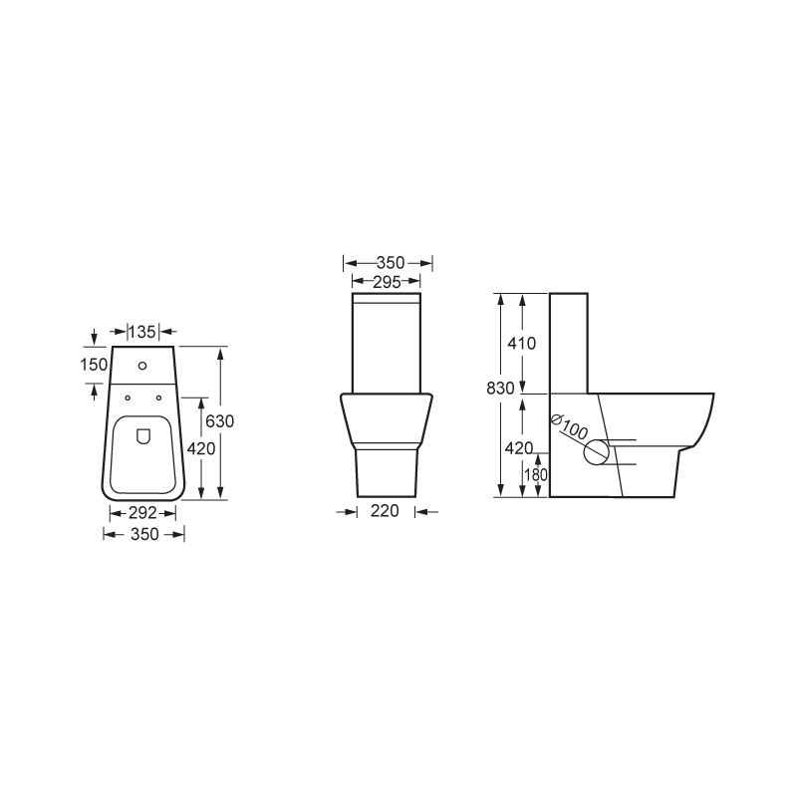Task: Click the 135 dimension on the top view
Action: pyautogui.click(x=145, y=331)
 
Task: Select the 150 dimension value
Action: pyautogui.click(x=94, y=365)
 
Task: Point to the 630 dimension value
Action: pyautogui.click(x=219, y=420)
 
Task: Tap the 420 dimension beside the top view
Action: pyautogui.click(x=202, y=448)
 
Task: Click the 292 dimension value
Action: pyautogui.click(x=143, y=513)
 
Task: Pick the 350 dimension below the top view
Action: pyautogui.click(x=144, y=535)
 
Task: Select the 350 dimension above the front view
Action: pyautogui.click(x=389, y=263)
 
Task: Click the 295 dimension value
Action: pyautogui.click(x=387, y=282)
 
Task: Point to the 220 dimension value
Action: pyautogui.click(x=385, y=512)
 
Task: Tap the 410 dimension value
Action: pyautogui.click(x=521, y=344)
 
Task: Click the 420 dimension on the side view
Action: pyautogui.click(x=519, y=448)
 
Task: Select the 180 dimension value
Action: pyautogui.click(x=536, y=475)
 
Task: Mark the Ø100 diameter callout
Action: pyautogui.click(x=569, y=428)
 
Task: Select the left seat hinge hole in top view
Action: pyautogui.click(x=128, y=398)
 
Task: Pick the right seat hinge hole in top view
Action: pyautogui.click(x=159, y=398)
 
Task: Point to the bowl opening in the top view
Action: pyautogui.click(x=143, y=453)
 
